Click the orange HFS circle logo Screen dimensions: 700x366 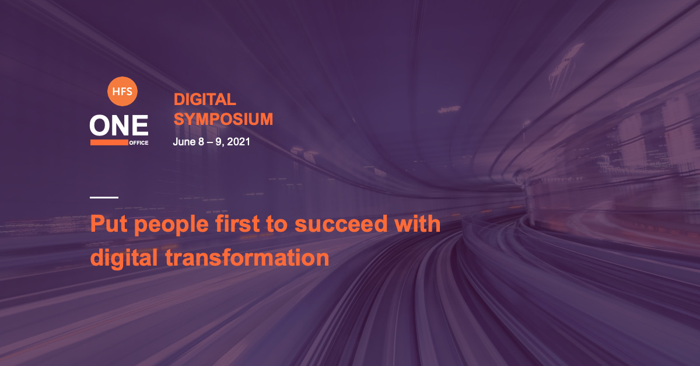point(122,91)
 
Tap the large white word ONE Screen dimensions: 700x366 point(119,125)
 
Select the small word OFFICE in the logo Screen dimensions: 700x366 point(139,142)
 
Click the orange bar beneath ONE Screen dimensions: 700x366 point(109,142)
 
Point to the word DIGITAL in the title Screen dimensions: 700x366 point(205,99)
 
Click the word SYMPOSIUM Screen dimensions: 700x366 point(223,119)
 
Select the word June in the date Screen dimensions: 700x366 point(184,142)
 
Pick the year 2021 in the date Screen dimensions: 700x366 point(239,142)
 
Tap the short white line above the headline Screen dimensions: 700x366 point(104,197)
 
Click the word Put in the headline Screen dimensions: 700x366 point(108,224)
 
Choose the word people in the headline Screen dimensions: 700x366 point(171,225)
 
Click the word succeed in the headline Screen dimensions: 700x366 point(341,224)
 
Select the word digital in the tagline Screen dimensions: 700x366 point(124,259)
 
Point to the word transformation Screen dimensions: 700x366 point(247,258)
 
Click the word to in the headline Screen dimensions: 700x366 point(277,225)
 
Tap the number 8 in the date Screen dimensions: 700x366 point(201,142)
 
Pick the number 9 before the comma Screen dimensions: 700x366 point(218,142)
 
